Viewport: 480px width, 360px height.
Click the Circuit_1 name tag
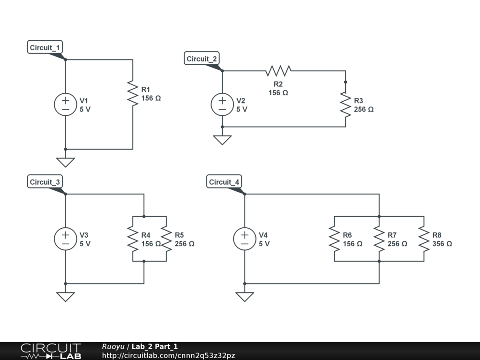click(45, 47)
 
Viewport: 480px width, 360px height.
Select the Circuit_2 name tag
click(202, 59)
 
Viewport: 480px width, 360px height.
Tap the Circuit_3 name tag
click(45, 182)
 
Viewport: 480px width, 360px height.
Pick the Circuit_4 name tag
click(224, 182)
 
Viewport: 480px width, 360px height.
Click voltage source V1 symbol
click(65, 105)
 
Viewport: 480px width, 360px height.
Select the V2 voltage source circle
click(222, 105)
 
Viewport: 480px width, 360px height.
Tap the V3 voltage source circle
click(65, 239)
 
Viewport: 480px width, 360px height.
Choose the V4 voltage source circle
click(244, 239)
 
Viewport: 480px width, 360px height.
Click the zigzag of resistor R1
click(133, 93)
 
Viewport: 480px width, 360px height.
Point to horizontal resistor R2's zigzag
click(278, 71)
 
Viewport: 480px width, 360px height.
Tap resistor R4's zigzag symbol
click(133, 239)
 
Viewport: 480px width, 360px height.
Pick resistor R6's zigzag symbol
click(334, 239)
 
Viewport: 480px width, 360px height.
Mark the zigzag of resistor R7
click(379, 239)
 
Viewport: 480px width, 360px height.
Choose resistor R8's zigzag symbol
click(424, 239)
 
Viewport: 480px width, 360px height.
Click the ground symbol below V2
click(222, 140)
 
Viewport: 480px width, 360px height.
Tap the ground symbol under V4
click(244, 297)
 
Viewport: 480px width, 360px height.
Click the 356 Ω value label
click(442, 244)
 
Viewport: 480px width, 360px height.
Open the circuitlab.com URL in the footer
click(168, 355)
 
